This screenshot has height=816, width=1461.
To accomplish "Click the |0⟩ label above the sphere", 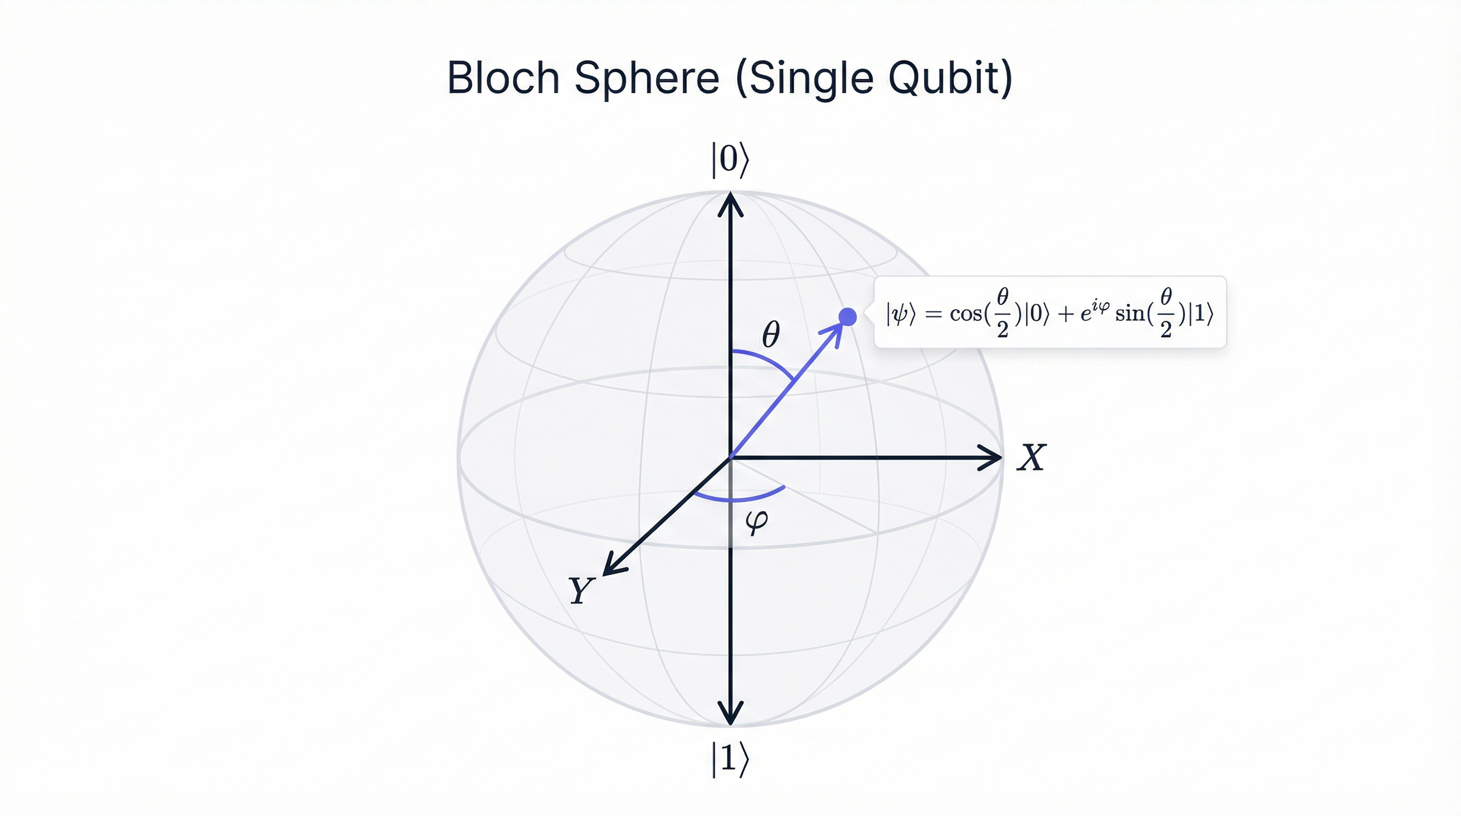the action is click(730, 159).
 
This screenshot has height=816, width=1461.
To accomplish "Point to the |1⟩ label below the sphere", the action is click(730, 759).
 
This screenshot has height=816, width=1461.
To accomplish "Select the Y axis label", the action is click(581, 590).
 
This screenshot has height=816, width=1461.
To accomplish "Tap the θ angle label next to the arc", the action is click(771, 334).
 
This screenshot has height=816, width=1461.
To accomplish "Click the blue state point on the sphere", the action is click(847, 317).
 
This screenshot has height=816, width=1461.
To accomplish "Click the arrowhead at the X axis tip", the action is click(991, 457).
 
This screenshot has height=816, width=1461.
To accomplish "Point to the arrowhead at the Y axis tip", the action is click(612, 567).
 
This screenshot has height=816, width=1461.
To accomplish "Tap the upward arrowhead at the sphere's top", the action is click(730, 205).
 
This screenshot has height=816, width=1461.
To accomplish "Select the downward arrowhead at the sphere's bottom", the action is click(730, 714).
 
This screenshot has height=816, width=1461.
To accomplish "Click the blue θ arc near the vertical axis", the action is click(766, 360).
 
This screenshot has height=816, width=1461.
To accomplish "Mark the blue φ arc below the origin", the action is click(737, 500).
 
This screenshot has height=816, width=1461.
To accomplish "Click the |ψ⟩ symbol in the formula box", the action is click(900, 313).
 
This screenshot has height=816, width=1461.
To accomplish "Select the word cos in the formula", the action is click(966, 313).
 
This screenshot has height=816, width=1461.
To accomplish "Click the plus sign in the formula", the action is click(1065, 314).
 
